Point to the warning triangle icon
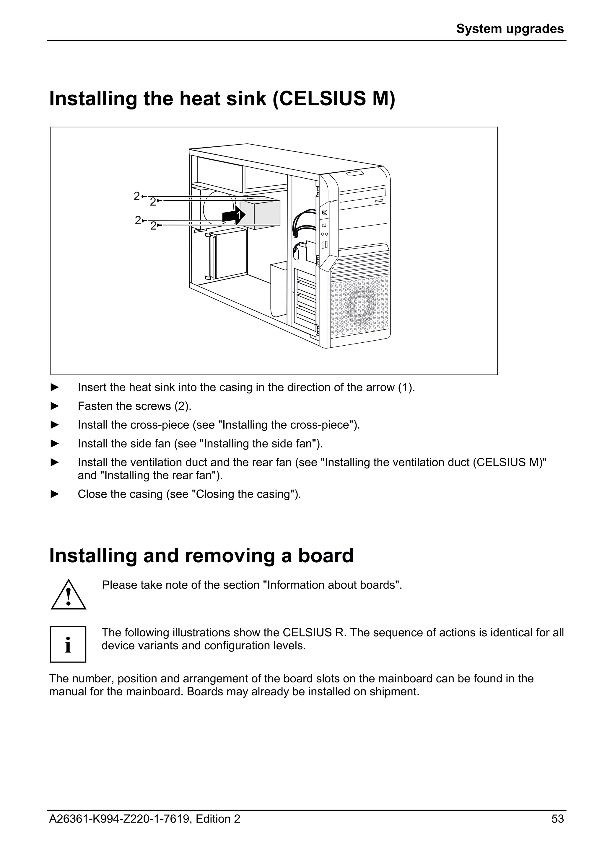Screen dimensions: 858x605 69,595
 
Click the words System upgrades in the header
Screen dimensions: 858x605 510,29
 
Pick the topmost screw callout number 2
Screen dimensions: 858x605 137,196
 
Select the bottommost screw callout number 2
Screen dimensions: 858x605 153,226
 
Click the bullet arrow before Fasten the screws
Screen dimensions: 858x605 55,406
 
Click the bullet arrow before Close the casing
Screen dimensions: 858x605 55,494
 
